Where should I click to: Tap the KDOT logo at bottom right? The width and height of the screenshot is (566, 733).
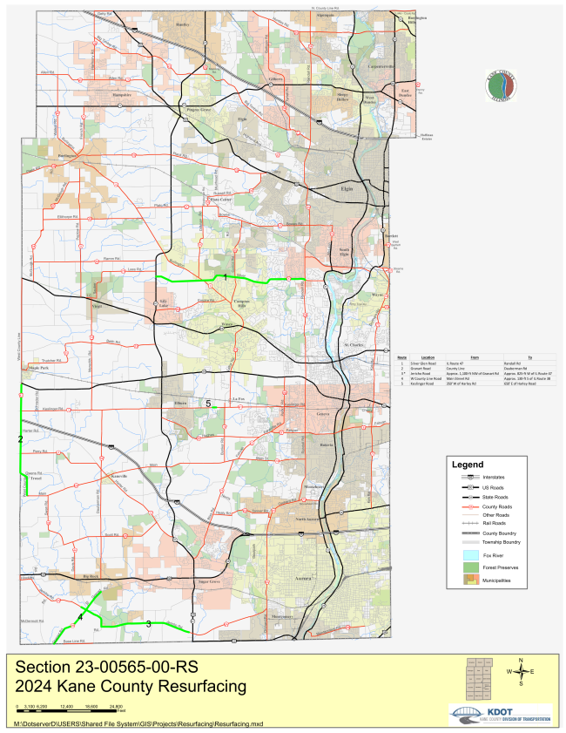point(500,715)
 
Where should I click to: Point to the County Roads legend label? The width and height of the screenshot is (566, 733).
point(507,506)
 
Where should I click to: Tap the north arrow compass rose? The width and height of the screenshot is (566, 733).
point(520,672)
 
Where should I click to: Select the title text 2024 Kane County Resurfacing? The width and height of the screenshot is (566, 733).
point(131,687)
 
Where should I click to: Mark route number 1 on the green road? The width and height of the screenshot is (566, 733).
point(226,276)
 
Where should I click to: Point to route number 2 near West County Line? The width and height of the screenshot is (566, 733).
point(20,439)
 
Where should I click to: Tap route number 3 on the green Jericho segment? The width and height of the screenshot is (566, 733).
point(148,623)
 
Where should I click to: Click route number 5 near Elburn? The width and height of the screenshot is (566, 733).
point(208,404)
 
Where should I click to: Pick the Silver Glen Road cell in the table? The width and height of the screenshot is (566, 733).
point(428,361)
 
